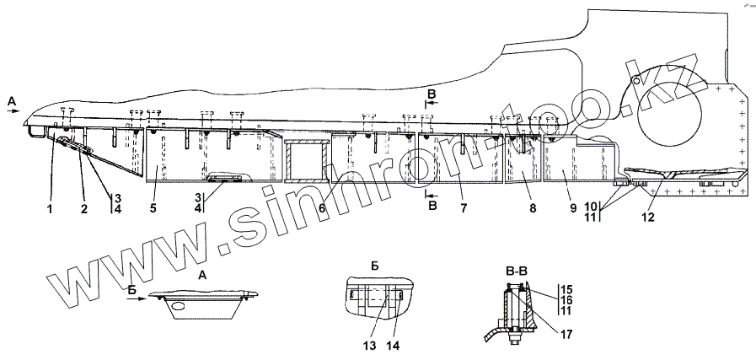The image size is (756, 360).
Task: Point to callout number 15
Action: click(567, 290)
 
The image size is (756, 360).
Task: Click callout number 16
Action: click(567, 300)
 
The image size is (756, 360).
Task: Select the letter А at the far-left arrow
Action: click(10, 99)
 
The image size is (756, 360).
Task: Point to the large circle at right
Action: click(672, 106)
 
